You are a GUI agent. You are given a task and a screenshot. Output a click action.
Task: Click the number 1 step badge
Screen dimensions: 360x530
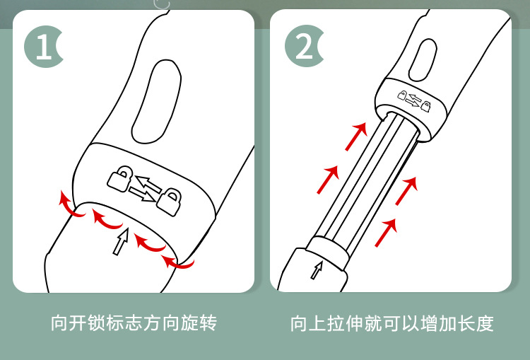click(x=43, y=47)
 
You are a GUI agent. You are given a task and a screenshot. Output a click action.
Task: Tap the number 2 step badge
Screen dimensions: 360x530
click(x=303, y=47)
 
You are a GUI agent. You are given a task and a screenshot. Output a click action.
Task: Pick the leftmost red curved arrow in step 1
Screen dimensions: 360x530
click(x=68, y=204)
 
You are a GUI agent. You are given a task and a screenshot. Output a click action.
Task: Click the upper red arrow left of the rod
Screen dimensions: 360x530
click(x=357, y=136)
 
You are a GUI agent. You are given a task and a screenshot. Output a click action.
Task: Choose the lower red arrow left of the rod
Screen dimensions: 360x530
click(x=327, y=179)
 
